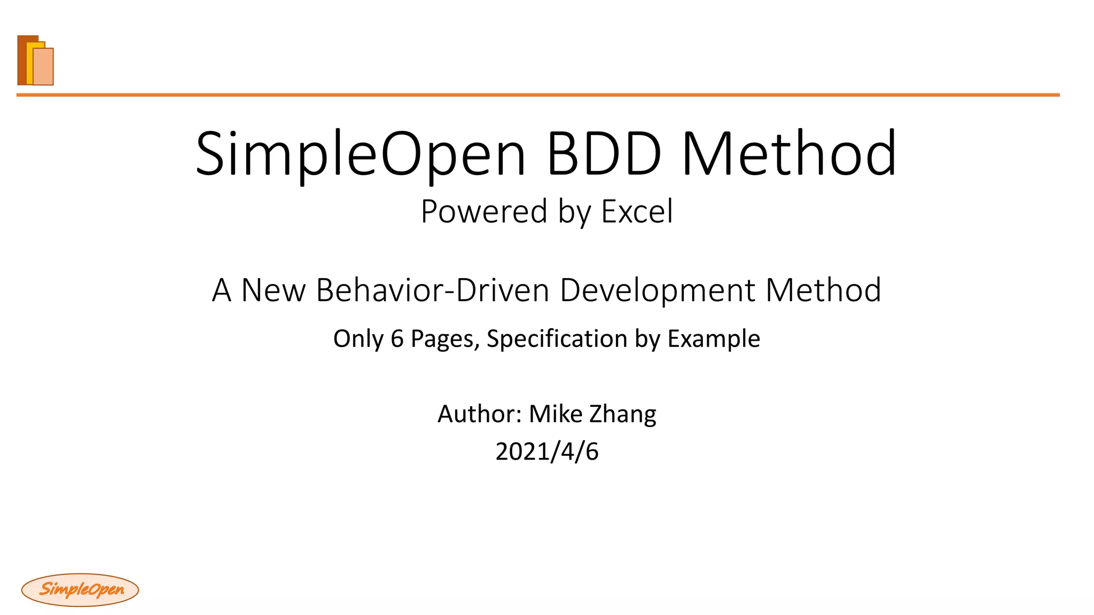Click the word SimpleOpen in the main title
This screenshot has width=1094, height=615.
click(x=361, y=154)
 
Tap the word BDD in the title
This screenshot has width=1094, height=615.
click(x=604, y=154)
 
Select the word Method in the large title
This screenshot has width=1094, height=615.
click(x=790, y=154)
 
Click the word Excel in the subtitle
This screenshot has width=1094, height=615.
click(x=637, y=211)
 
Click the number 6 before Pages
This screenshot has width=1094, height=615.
click(x=397, y=338)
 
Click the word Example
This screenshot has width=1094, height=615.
click(x=714, y=338)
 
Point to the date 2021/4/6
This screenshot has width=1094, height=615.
click(x=547, y=452)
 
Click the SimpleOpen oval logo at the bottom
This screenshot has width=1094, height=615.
click(x=80, y=590)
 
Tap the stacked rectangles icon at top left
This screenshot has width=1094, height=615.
click(x=36, y=60)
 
